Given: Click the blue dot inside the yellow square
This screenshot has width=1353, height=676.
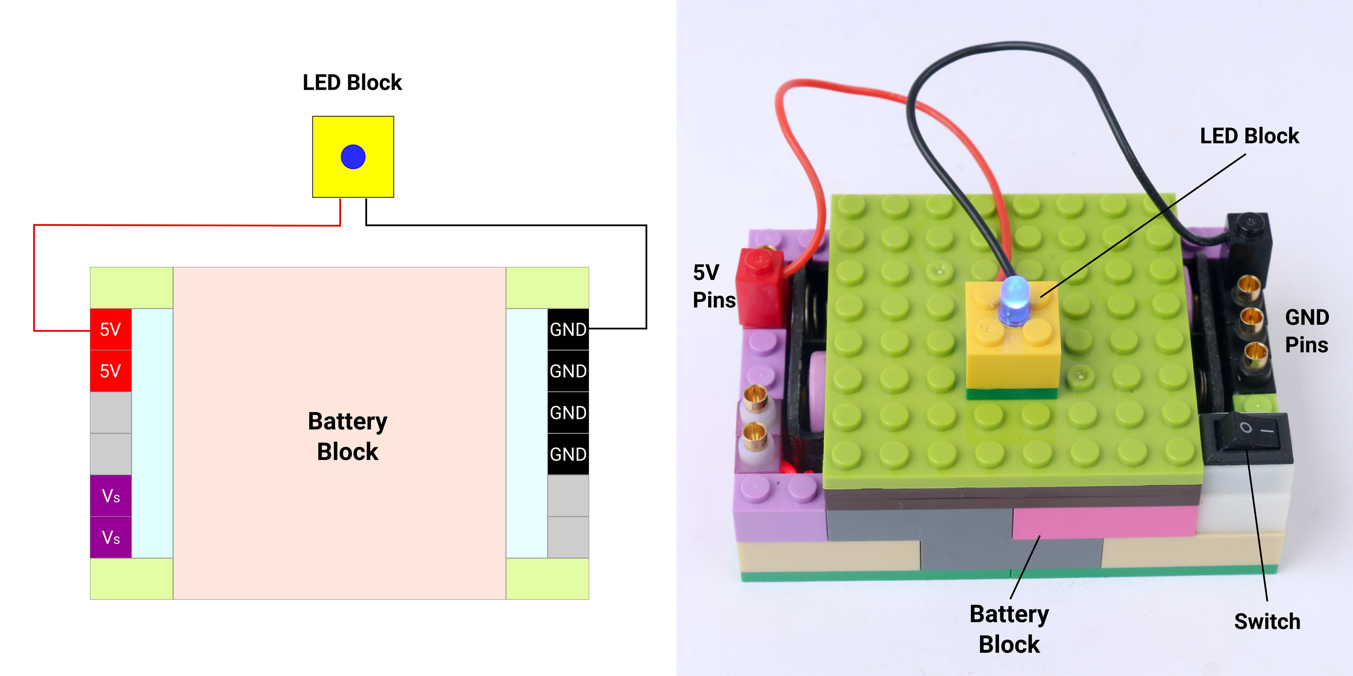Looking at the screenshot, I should pos(353,157).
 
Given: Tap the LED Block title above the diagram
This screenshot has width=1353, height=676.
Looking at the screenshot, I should pos(352,82).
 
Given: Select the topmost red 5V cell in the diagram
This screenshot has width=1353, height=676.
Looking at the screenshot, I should pos(110,329).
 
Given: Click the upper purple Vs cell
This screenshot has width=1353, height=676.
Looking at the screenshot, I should pos(110,496).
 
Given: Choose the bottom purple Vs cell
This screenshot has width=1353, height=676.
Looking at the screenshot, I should pos(110,537).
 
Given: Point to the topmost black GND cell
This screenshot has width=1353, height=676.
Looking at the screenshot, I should pos(568,329).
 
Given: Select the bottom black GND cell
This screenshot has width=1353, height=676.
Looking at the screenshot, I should pos(568,454).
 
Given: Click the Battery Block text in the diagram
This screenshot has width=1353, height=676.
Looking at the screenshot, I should pos(347,436).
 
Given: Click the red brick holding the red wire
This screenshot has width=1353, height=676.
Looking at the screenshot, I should pos(761,286).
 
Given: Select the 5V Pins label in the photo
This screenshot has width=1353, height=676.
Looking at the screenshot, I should pos(713,287).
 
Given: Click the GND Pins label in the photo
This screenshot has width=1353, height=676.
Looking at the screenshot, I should pos(1306,331).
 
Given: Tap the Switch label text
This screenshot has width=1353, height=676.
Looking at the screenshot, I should pos(1267,621).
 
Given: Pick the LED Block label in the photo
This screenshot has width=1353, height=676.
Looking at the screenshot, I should pos(1249,136).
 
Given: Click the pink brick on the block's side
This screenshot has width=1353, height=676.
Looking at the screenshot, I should pos(1103,522).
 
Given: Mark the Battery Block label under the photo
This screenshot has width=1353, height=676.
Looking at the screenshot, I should pos(1009,629).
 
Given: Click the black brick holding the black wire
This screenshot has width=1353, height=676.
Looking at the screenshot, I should pos(1249,236).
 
